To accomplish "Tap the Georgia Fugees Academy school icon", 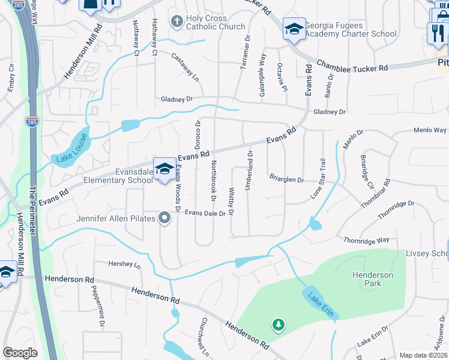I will (x=294, y=29).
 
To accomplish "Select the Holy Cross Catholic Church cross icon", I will (x=176, y=22).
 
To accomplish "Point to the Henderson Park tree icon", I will (x=278, y=325).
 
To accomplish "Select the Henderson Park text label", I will (x=373, y=279).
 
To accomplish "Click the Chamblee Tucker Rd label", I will (x=352, y=65).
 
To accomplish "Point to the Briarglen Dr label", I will (x=286, y=179).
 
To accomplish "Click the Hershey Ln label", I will (x=124, y=264).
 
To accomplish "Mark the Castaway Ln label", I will (x=185, y=68).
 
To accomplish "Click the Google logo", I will (x=20, y=353).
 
